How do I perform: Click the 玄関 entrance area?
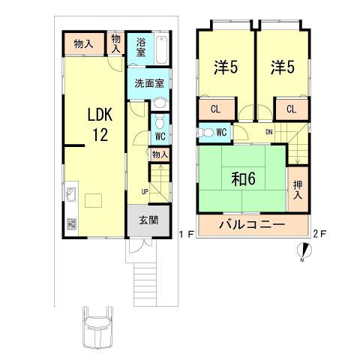pyautogui.click(x=148, y=220)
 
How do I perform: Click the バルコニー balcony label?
pyautogui.click(x=251, y=224)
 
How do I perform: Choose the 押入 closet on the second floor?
pyautogui.click(x=298, y=190)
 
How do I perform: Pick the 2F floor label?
pyautogui.click(x=321, y=234)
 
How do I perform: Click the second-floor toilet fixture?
pyautogui.click(x=205, y=133)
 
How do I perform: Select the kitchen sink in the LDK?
pyautogui.click(x=71, y=197)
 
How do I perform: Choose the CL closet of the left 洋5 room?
pyautogui.click(x=214, y=108)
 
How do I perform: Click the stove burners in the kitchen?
pyautogui.click(x=71, y=223)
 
